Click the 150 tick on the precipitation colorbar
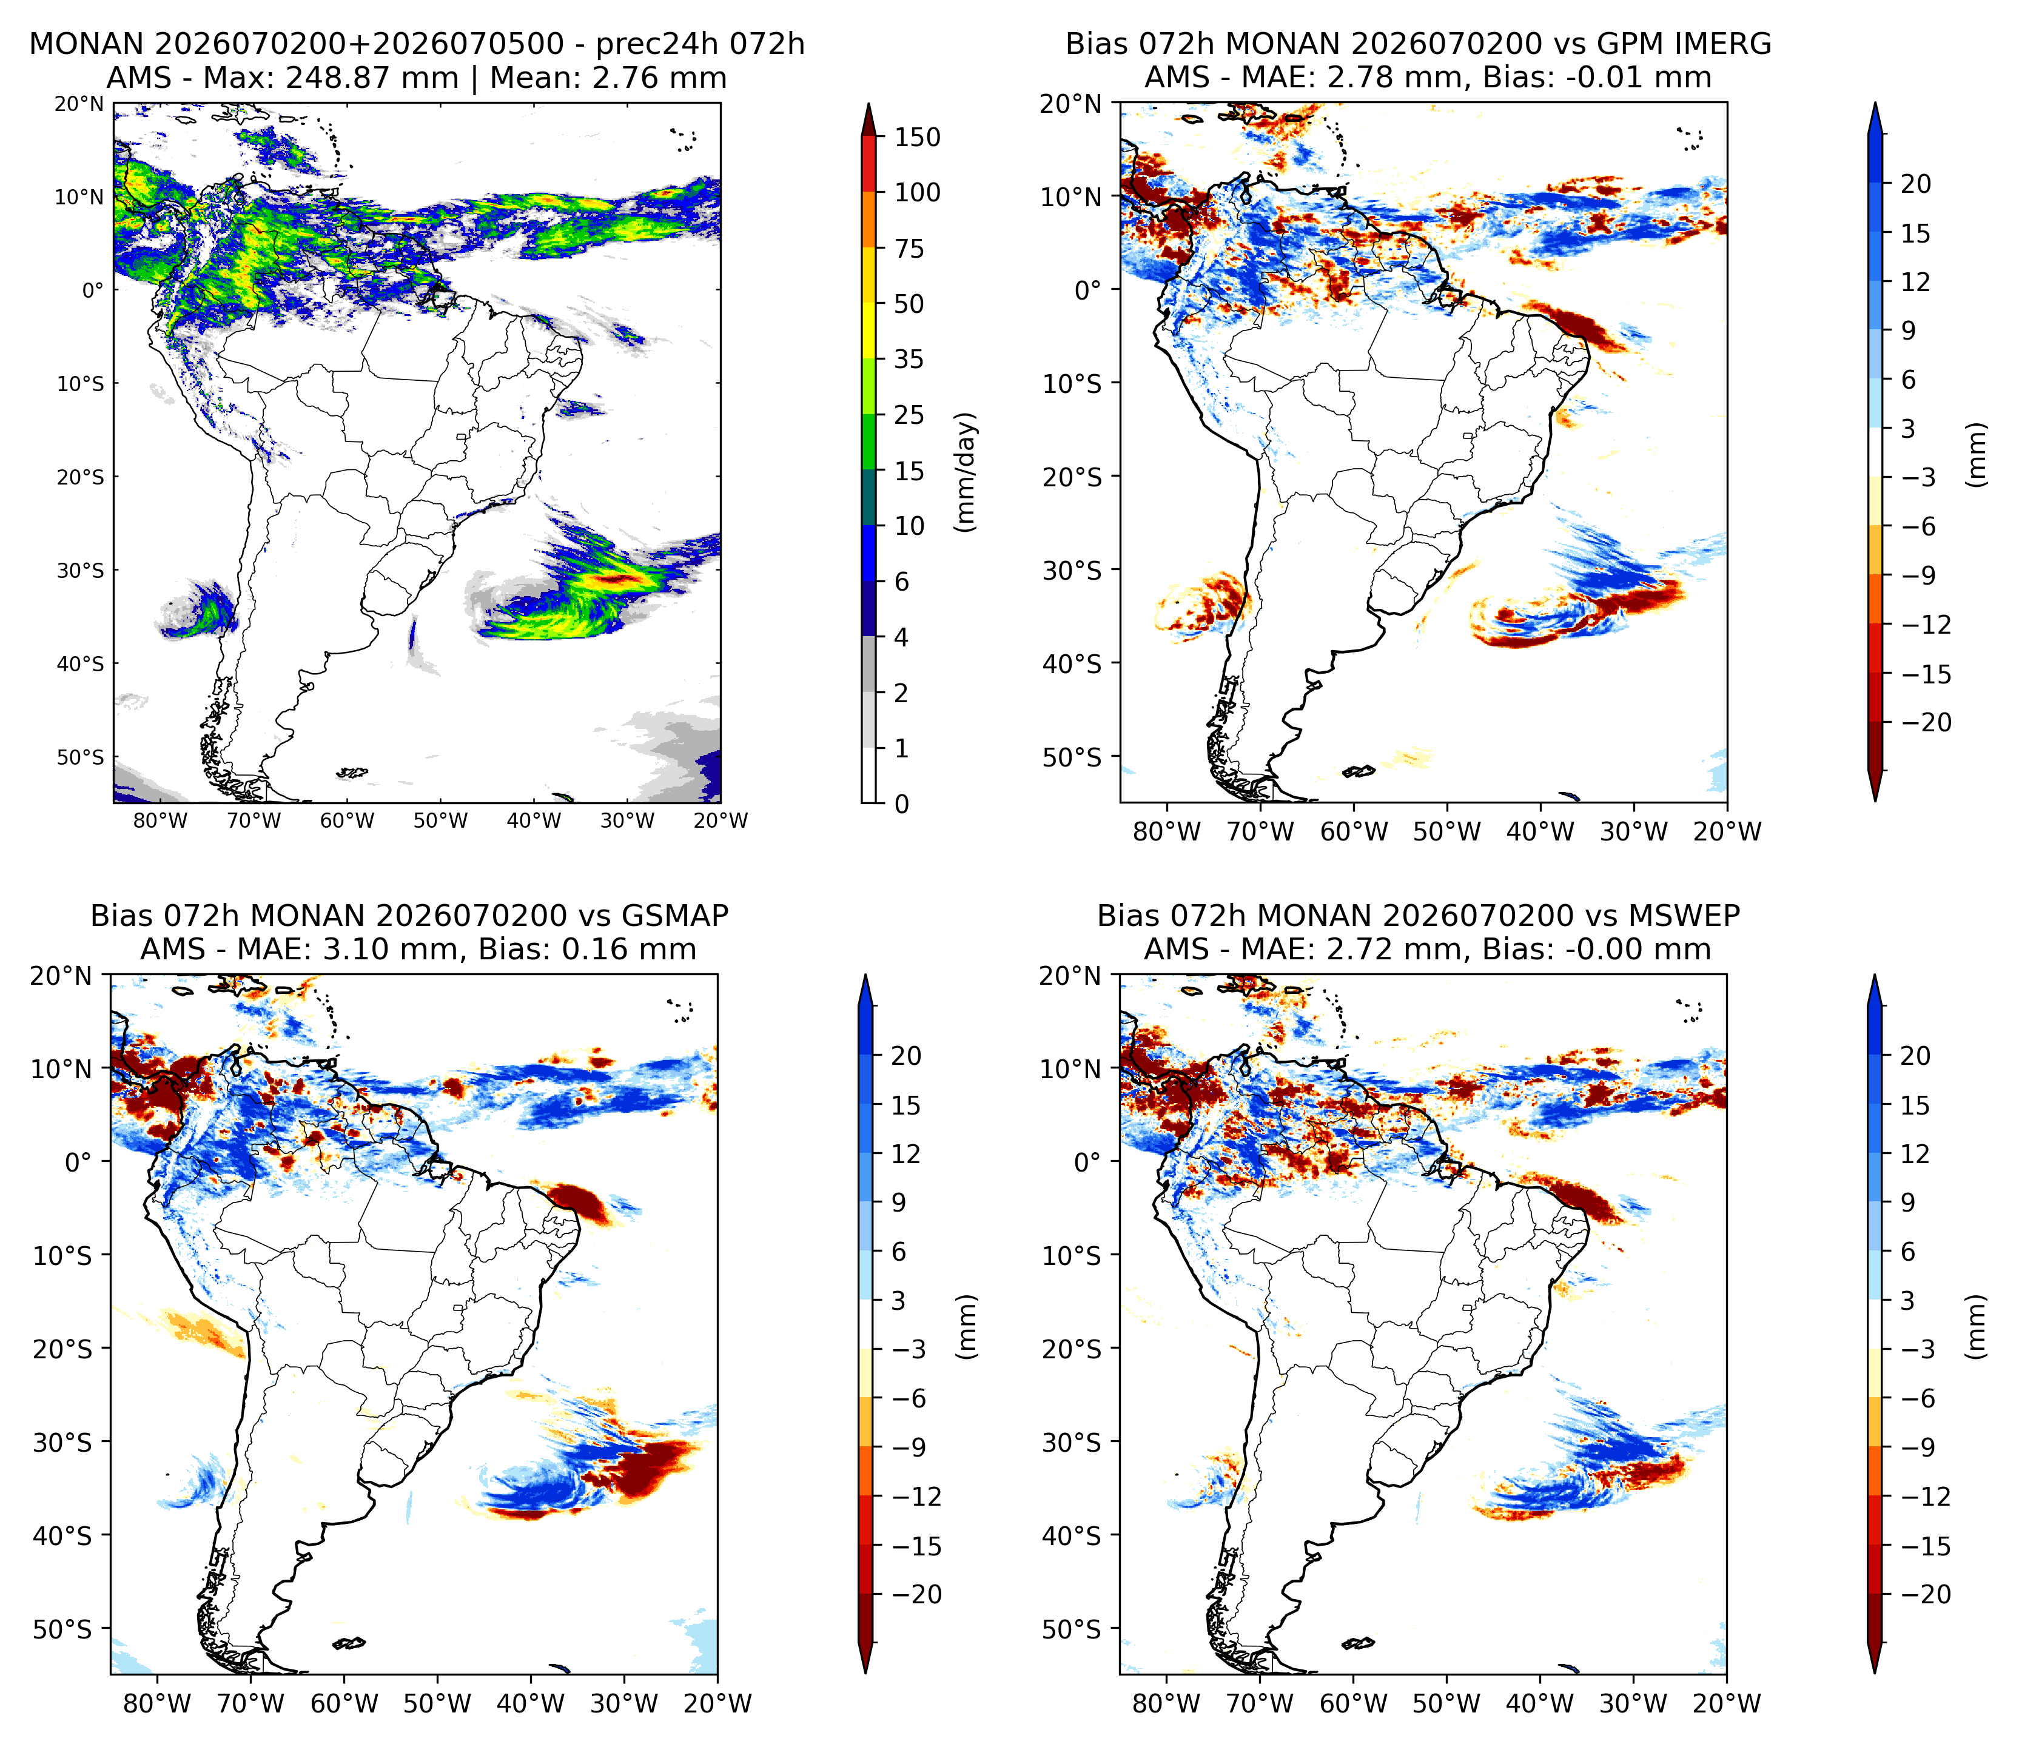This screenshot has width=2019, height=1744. (918, 138)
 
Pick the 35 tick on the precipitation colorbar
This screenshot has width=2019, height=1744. (909, 360)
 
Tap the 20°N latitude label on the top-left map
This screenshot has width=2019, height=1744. (79, 103)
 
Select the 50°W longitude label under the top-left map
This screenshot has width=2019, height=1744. (440, 821)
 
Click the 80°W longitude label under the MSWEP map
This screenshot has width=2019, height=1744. (1167, 1703)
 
